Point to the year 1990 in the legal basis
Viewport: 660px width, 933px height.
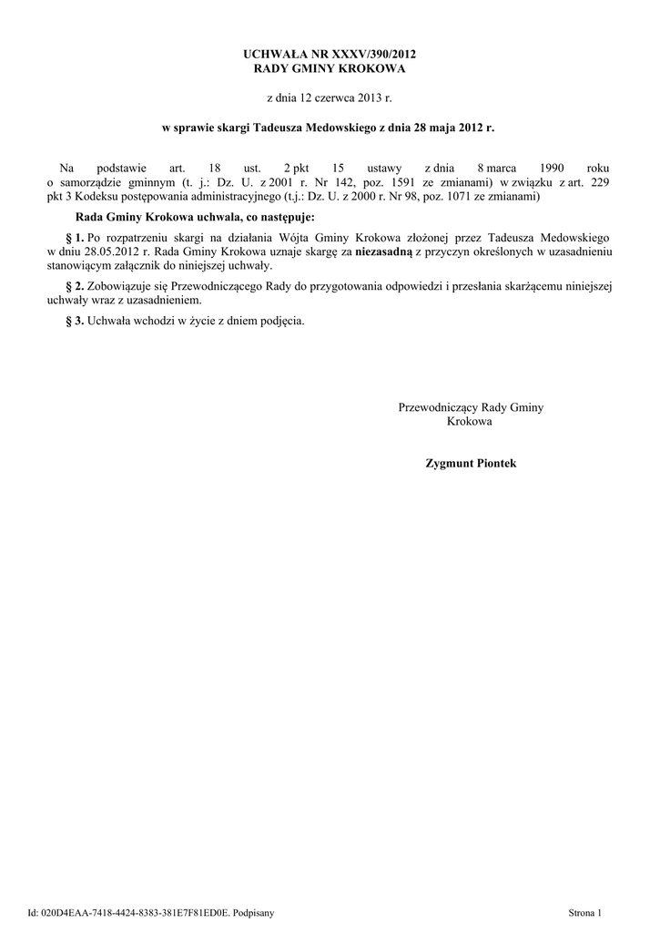coord(553,169)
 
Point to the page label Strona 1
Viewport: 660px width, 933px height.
coord(585,911)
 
